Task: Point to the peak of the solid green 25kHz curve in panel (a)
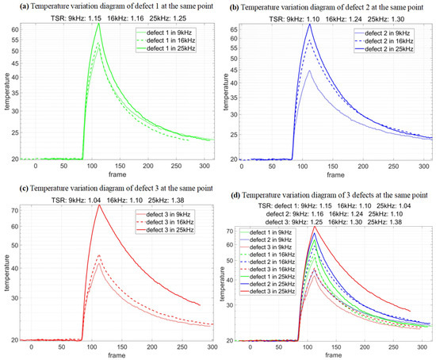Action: point(98,24)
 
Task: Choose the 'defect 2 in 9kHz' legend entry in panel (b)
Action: point(377,33)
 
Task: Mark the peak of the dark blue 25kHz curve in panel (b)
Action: point(310,25)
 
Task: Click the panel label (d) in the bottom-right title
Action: point(230,194)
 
